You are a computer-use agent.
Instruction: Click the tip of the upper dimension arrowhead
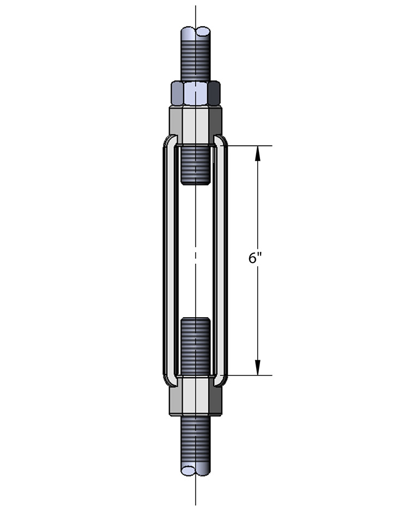(258, 146)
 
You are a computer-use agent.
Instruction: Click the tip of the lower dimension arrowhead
(258, 375)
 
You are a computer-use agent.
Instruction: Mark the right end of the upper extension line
(272, 146)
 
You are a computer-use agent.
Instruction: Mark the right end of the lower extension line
(272, 375)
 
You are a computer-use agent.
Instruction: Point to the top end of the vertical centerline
(196, 5)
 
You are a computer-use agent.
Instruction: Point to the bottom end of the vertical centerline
(196, 506)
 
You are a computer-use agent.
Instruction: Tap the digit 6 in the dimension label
(252, 258)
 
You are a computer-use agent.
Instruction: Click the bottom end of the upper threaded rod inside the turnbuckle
(196, 184)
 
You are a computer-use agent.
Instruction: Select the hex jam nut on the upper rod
(196, 93)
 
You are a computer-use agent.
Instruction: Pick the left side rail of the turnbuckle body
(170, 260)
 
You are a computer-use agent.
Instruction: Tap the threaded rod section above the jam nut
(196, 56)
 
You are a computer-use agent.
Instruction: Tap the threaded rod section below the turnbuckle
(196, 444)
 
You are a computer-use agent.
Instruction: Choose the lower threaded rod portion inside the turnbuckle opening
(196, 346)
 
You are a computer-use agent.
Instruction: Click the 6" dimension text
(255, 258)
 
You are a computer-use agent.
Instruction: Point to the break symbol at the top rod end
(196, 32)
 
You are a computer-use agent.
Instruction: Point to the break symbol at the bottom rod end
(196, 470)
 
